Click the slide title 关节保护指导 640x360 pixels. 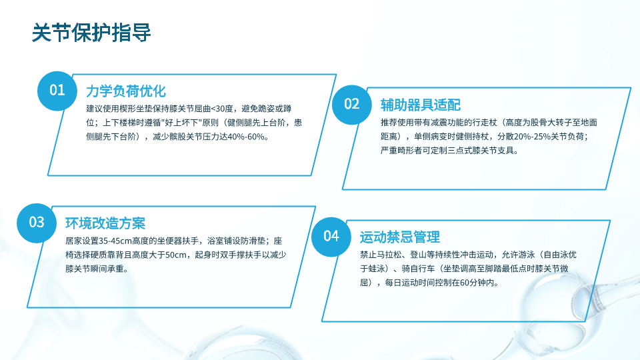click(91, 33)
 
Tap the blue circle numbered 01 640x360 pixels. click(57, 91)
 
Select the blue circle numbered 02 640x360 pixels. click(352, 105)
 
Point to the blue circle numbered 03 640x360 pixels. click(37, 223)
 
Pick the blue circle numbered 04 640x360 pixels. click(331, 237)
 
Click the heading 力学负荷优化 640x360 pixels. click(126, 91)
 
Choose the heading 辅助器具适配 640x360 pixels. click(421, 105)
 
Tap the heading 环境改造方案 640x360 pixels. click(105, 223)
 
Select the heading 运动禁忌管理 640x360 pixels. click(399, 237)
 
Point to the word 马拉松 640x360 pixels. click(389, 255)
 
